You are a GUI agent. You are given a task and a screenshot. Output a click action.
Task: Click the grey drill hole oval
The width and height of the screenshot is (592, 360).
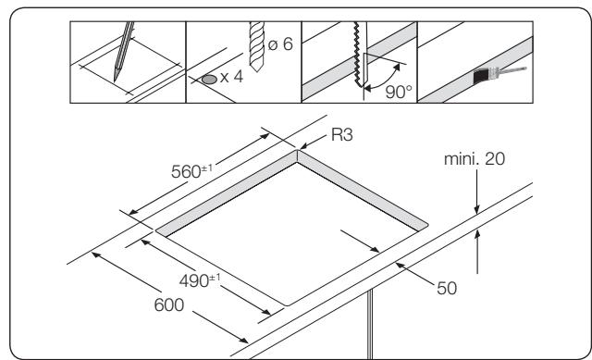(211, 81)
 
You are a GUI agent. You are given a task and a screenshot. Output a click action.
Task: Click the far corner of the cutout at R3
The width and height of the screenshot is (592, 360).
(298, 155)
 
